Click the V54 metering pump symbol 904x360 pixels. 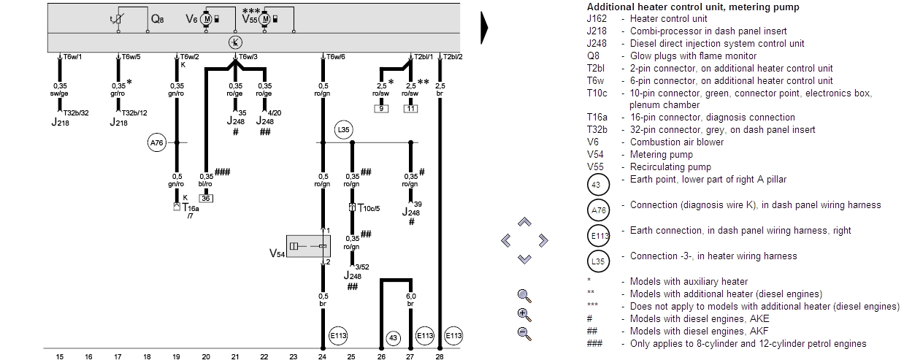tap(307, 247)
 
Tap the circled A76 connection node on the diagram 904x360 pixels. tap(157, 143)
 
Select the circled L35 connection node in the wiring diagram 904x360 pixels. tap(344, 131)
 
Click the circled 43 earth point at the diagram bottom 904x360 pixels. tap(393, 337)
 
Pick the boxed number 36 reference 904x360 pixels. tap(206, 198)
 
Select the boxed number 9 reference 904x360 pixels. tap(381, 109)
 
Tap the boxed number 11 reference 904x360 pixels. tap(410, 109)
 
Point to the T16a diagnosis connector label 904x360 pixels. tap(191, 208)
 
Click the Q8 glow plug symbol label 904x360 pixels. tap(157, 20)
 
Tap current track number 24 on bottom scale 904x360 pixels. tap(322, 356)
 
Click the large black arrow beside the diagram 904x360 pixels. tap(484, 30)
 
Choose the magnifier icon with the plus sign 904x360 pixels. tap(524, 314)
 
